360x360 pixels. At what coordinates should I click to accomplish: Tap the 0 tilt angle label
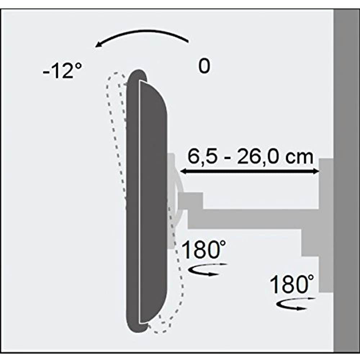[x=204, y=67]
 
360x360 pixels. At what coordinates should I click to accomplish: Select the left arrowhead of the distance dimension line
[x=183, y=172]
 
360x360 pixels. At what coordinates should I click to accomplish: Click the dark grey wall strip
[x=346, y=180]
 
